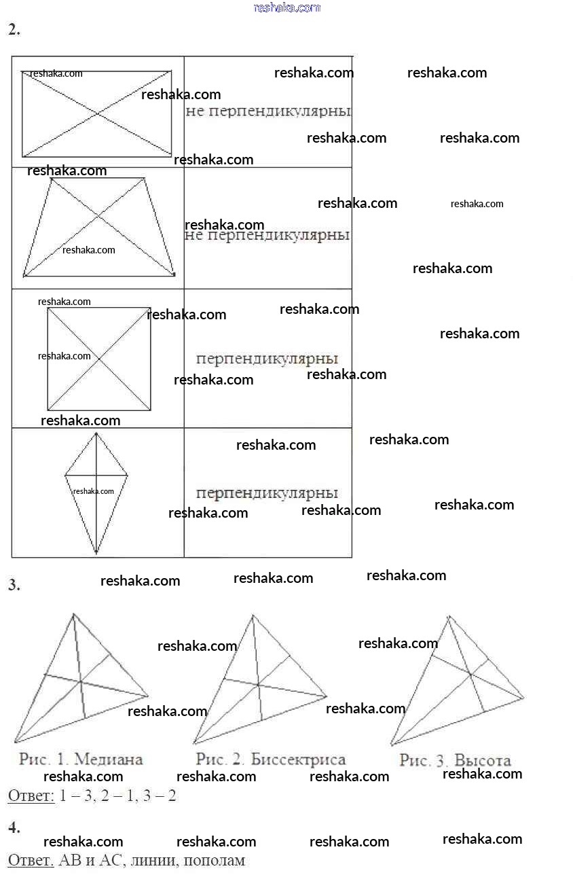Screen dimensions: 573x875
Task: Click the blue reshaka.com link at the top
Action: coord(287,7)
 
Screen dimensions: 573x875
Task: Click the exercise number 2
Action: coord(14,30)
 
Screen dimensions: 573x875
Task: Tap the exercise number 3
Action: coord(14,585)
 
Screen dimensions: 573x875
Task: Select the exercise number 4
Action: coord(14,827)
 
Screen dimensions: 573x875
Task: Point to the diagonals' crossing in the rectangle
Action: coord(97,113)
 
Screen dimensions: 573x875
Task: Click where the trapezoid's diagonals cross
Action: coord(98,216)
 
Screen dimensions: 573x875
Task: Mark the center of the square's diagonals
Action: coord(99,359)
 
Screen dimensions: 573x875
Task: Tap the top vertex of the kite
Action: coord(96,433)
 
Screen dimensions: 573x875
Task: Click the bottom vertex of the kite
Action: coord(96,552)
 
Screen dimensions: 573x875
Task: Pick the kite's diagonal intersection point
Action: coord(96,476)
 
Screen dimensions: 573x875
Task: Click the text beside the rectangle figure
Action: coord(268,111)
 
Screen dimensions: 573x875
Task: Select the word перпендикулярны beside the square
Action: coord(267,359)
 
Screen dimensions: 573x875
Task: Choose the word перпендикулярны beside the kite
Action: coord(267,493)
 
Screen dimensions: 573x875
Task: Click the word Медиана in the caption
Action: coord(109,759)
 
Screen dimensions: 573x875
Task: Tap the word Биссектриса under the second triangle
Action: coord(298,759)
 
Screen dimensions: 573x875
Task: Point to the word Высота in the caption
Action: coord(483,760)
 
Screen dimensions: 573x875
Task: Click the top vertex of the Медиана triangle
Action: coord(73,614)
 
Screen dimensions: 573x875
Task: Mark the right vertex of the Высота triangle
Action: coord(523,698)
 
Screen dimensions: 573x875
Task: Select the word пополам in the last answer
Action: coord(215,861)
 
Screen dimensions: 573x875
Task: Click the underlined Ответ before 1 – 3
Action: coord(31,796)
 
